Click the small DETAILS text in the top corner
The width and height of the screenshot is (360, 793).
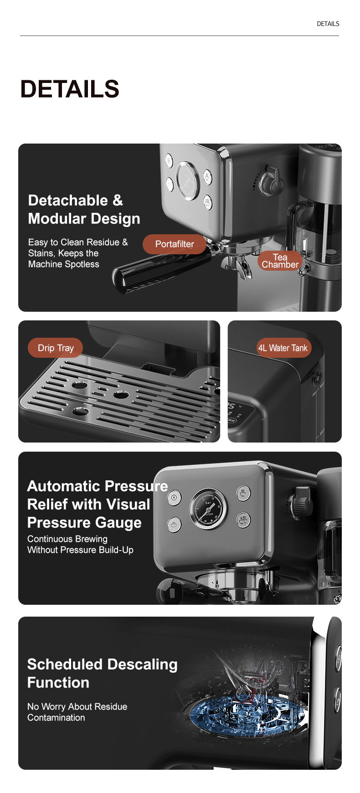328,24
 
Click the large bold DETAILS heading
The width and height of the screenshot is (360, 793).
70,89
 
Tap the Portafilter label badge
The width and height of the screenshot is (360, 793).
175,244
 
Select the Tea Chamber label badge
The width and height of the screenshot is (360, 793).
280,261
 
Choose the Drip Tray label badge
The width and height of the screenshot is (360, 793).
56,348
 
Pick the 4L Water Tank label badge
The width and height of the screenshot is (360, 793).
283,348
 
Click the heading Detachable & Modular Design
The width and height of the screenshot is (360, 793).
84,210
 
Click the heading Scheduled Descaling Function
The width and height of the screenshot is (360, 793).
102,673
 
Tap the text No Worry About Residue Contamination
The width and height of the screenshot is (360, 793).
77,712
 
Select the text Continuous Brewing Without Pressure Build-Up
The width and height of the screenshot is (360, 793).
80,544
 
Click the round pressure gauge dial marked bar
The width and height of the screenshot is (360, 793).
208,509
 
